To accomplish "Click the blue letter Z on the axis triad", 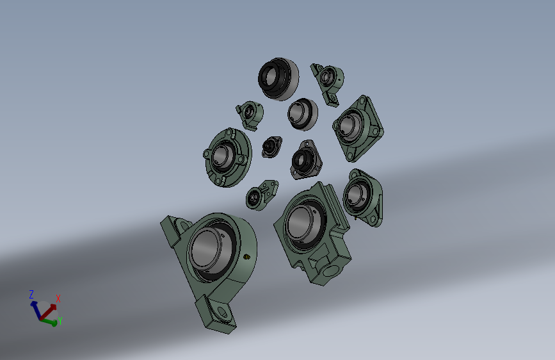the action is [31, 295].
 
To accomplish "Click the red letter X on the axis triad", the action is [58, 299].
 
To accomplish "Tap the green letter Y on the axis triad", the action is [60, 321].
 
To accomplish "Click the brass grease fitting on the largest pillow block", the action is [247, 257].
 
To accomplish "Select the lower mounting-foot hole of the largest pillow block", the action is [222, 312].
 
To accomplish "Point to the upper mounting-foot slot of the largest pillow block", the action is [184, 225].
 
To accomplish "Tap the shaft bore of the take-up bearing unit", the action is [302, 223].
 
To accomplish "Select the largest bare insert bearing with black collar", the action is [278, 79].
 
